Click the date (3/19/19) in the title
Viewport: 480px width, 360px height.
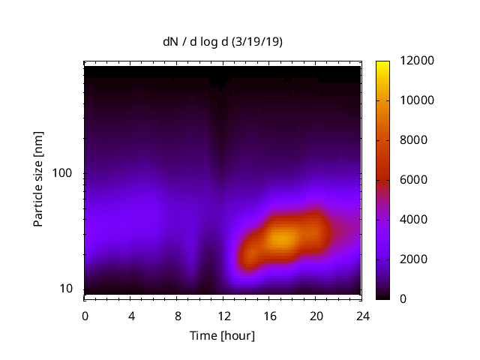pyautogui.click(x=259, y=43)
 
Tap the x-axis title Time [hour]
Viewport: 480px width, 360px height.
pyautogui.click(x=221, y=335)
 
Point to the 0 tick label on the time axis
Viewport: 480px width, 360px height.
pyautogui.click(x=85, y=316)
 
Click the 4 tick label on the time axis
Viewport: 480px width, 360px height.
pyautogui.click(x=131, y=316)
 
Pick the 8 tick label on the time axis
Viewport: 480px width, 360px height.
pyautogui.click(x=178, y=316)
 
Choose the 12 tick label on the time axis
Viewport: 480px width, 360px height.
pyautogui.click(x=223, y=316)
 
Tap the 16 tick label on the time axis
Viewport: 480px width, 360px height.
pyautogui.click(x=270, y=316)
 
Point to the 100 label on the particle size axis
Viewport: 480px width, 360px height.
pyautogui.click(x=61, y=173)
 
